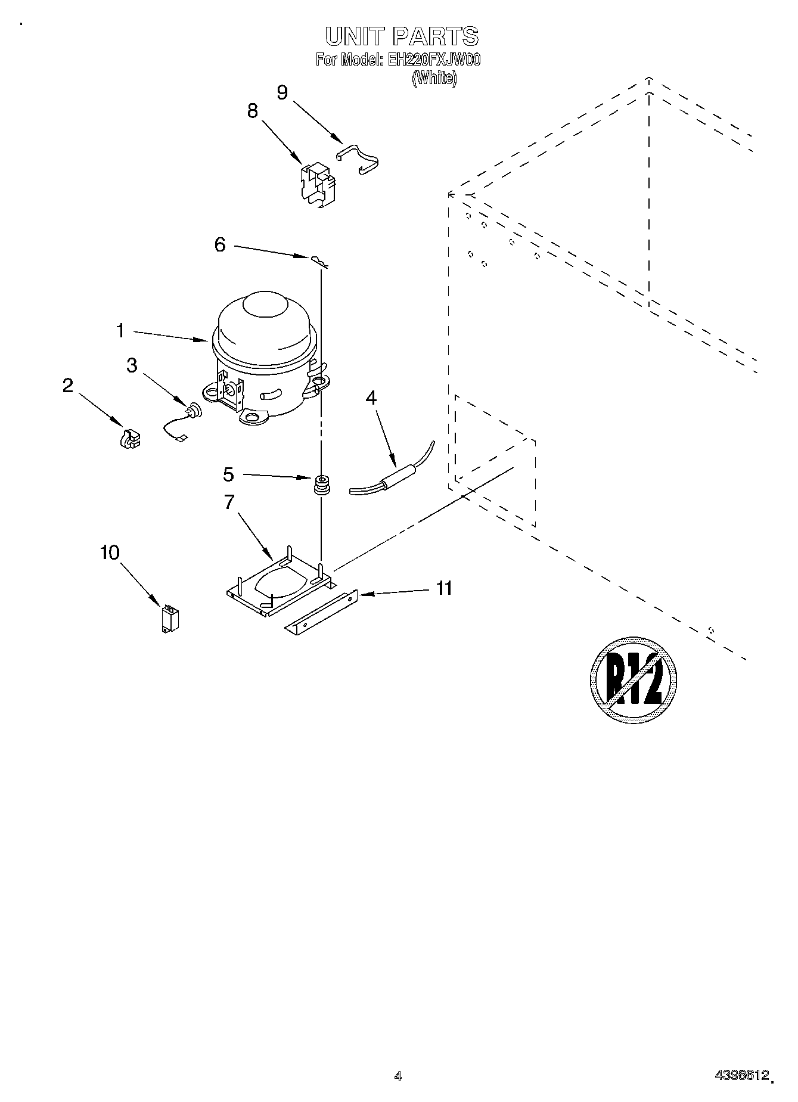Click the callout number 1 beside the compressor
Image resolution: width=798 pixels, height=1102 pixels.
[120, 330]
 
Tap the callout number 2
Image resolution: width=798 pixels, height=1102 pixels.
[68, 386]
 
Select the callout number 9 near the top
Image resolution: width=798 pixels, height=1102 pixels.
[282, 92]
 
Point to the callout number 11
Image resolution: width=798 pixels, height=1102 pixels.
[443, 588]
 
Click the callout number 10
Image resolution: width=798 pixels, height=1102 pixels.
[110, 552]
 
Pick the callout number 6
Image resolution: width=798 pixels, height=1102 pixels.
[220, 244]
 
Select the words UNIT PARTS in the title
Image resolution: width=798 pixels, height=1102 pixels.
[402, 37]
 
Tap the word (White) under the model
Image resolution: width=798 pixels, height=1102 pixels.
[434, 78]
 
